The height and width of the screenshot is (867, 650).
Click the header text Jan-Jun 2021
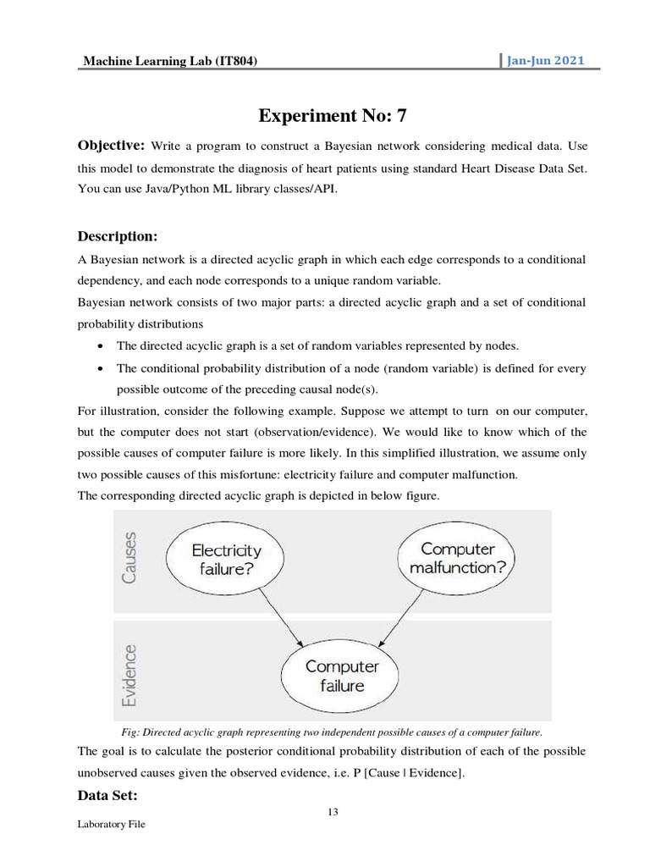click(545, 61)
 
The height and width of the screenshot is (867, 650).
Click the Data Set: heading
click(107, 795)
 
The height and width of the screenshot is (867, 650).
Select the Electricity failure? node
click(226, 560)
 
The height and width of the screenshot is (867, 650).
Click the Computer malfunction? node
click(457, 559)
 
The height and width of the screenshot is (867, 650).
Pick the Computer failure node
click(342, 676)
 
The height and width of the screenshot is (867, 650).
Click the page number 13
click(333, 813)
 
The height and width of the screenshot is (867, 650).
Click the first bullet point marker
click(102, 346)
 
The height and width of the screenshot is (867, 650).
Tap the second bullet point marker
click(102, 368)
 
